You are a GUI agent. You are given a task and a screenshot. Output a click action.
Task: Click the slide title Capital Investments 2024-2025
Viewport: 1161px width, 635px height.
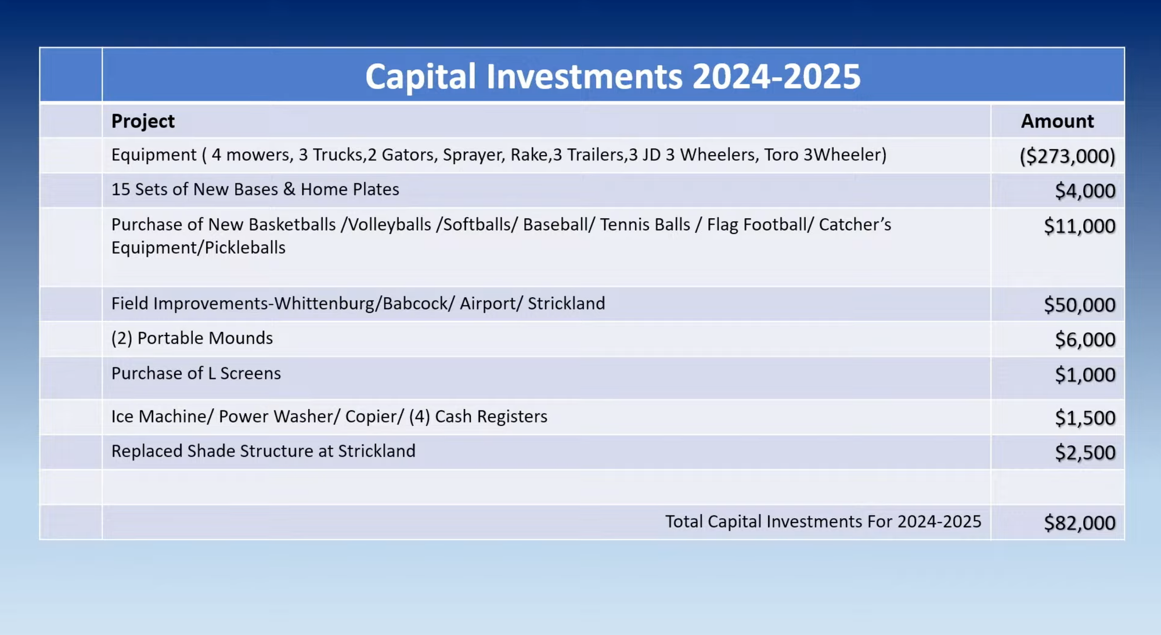pyautogui.click(x=612, y=77)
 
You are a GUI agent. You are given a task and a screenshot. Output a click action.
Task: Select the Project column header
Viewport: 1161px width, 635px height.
pyautogui.click(x=143, y=121)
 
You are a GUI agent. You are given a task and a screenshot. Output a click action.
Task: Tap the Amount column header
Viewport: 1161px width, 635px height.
pyautogui.click(x=1057, y=121)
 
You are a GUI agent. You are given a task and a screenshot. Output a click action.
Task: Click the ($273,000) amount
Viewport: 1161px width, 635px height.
pyautogui.click(x=1068, y=156)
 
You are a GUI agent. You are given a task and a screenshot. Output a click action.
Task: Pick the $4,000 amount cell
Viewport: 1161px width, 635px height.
pyautogui.click(x=1085, y=191)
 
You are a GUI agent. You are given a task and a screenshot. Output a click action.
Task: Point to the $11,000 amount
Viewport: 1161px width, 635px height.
pyautogui.click(x=1080, y=226)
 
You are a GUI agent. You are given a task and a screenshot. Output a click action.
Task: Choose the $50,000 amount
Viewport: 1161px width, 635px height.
pyautogui.click(x=1080, y=305)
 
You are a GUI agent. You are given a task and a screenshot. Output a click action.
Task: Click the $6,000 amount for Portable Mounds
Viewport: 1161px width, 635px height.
pyautogui.click(x=1085, y=340)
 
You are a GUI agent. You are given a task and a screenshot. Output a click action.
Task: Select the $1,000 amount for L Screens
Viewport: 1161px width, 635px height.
pyautogui.click(x=1085, y=375)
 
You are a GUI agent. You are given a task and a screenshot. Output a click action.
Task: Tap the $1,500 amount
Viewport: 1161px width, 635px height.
pyautogui.click(x=1085, y=418)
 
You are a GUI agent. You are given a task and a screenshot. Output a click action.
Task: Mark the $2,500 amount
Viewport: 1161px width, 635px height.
pyautogui.click(x=1085, y=453)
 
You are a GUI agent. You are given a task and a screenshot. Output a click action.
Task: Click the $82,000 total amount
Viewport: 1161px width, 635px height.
pyautogui.click(x=1080, y=523)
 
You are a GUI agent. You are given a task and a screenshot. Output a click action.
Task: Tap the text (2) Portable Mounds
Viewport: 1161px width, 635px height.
pyautogui.click(x=192, y=338)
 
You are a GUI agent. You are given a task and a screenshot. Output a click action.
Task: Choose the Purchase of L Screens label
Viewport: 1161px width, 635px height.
pyautogui.click(x=196, y=373)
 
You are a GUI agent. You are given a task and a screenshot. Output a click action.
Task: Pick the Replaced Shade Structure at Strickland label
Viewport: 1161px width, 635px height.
pyautogui.click(x=264, y=452)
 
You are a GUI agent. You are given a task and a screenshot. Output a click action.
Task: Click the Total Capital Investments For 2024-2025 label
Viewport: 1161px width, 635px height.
pyautogui.click(x=823, y=522)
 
